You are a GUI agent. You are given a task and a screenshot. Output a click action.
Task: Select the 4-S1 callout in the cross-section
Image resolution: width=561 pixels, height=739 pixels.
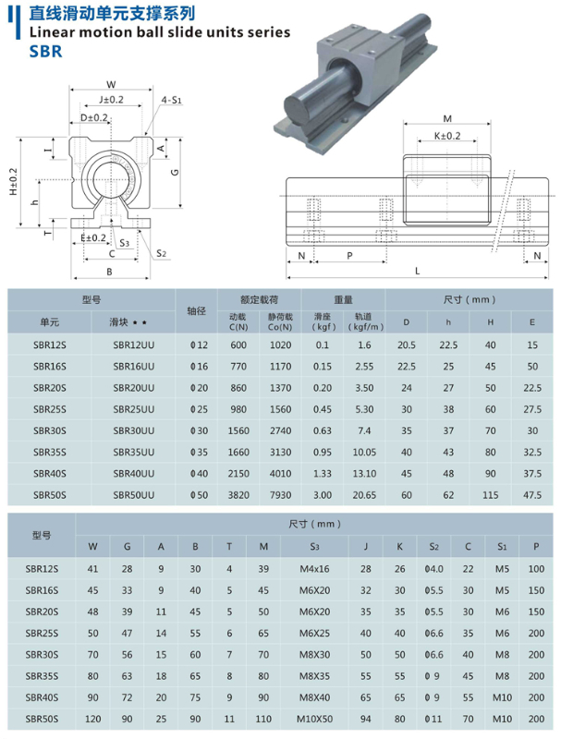171,98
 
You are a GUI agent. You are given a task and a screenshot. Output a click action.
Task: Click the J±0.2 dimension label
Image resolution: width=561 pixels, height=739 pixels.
110,99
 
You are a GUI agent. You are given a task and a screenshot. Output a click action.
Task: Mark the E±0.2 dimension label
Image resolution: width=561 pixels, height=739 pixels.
92,237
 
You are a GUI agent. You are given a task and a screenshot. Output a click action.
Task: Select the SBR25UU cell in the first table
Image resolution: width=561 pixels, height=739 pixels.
133,408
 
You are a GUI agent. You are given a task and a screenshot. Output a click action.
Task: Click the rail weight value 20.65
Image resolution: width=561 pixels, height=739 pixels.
365,494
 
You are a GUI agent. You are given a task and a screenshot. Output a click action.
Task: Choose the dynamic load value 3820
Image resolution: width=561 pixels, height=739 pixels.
239,494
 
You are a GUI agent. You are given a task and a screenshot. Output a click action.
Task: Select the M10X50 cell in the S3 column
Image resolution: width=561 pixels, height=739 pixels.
315,718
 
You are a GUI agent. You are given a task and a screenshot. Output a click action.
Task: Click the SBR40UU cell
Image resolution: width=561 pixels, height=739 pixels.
133,473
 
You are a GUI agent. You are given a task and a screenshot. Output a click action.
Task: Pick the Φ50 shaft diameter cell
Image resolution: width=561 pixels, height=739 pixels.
194,494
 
